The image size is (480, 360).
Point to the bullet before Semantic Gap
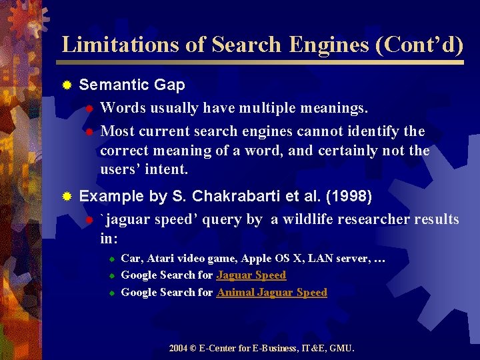click(67, 85)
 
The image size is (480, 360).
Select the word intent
click(167, 169)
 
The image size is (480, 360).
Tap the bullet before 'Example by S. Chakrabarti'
click(67, 197)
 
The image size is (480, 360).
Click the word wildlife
click(309, 219)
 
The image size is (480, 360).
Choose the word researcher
click(374, 219)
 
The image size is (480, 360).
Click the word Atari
click(160, 258)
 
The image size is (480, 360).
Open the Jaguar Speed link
click(251, 275)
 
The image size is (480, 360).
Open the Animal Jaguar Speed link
click(272, 293)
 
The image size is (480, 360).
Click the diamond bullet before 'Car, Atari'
click(113, 259)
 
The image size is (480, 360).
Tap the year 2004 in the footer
click(178, 348)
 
